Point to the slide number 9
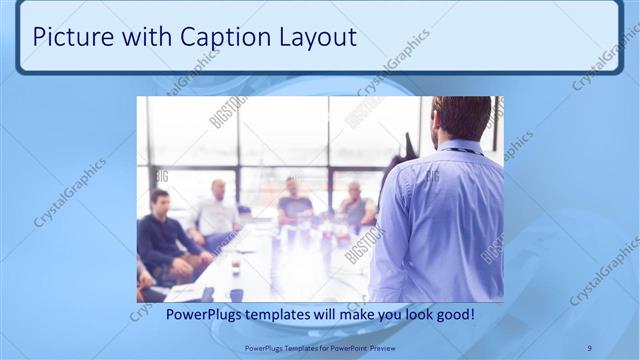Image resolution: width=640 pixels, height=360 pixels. point(589,347)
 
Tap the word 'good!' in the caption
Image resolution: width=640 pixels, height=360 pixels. point(453,315)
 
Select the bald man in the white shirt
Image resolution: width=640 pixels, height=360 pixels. point(217,210)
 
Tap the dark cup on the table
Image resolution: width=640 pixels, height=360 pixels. point(236,294)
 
